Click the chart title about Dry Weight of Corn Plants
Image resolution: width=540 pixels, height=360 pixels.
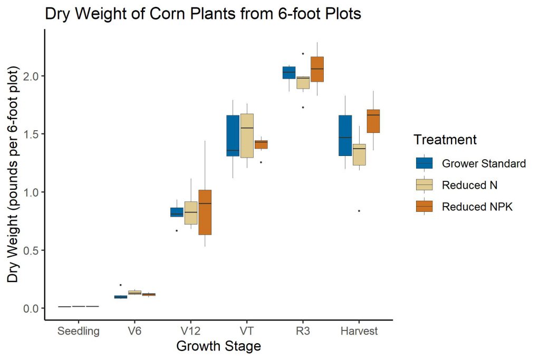pos(203,14)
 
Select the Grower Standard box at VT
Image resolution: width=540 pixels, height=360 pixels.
pos(233,135)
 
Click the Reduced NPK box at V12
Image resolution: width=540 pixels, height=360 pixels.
pos(205,212)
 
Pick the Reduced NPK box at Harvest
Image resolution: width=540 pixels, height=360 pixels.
pos(373,121)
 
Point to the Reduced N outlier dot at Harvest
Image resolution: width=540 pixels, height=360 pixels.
pos(359,211)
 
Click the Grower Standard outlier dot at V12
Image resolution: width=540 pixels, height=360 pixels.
pos(177,230)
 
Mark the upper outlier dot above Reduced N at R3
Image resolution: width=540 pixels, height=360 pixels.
pos(303,53)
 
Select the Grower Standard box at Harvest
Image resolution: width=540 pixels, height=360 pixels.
pos(345,135)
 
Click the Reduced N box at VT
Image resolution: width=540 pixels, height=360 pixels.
pos(247,135)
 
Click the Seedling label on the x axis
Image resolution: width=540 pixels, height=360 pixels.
pos(78,332)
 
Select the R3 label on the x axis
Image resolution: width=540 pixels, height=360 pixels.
pos(303,332)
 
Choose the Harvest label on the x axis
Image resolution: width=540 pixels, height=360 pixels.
pos(359,332)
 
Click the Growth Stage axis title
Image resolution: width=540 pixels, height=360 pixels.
pos(218,347)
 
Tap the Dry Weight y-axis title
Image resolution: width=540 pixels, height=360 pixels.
pos(14,174)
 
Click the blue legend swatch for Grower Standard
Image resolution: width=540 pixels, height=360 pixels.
pos(424,163)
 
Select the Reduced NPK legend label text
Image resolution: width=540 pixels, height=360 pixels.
pos(477,207)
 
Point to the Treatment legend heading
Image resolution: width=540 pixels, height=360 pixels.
pos(445,140)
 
